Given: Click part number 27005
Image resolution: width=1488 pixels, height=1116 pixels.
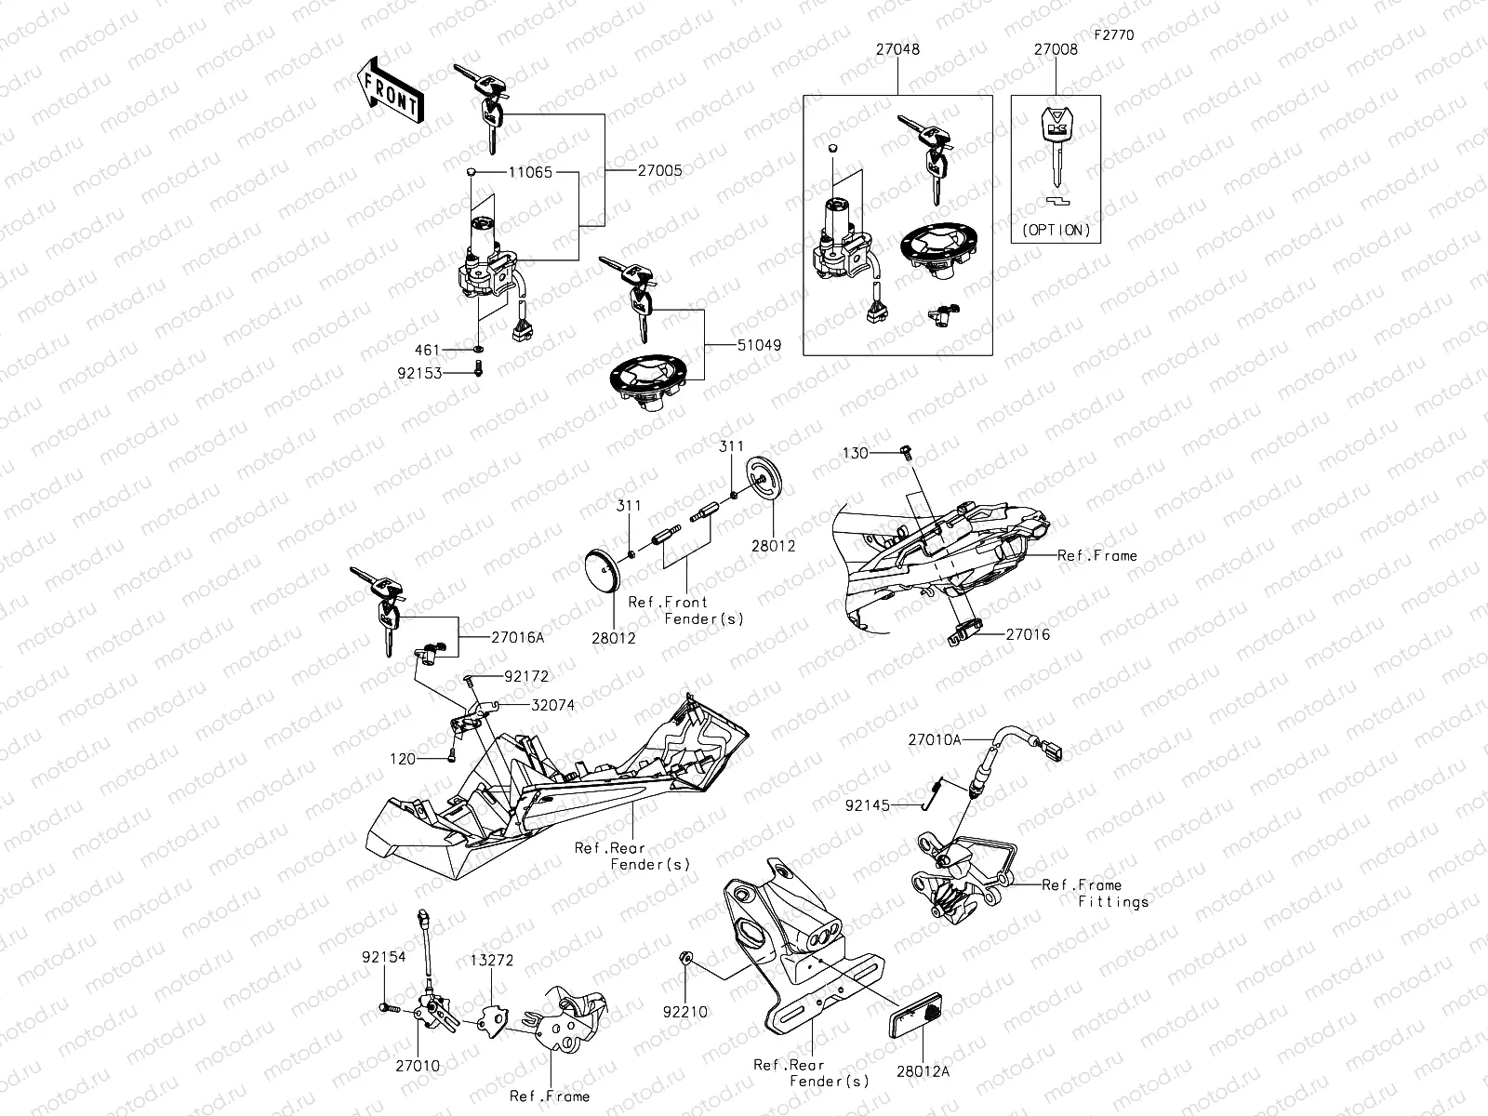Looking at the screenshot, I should point(659,171).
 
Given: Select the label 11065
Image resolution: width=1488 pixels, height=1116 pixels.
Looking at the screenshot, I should point(530,173).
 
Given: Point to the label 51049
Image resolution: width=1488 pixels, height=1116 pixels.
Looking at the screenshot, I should point(759,345).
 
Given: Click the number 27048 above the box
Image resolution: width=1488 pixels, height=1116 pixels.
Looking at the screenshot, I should point(897,49).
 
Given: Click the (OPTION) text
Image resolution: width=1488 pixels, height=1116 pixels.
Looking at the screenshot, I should point(1056,230).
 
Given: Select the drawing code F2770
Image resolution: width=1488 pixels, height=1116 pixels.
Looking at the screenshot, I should point(1113,35).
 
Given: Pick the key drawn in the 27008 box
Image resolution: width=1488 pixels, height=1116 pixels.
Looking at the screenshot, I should point(1056,139).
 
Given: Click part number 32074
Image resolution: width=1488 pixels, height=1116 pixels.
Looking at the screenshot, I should point(552,706).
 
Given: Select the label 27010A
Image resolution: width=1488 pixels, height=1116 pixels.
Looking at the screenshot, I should point(936,739).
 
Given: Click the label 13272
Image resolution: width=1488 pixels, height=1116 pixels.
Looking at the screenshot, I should point(491,961).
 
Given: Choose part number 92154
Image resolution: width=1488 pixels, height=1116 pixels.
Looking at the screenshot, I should point(383,956).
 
